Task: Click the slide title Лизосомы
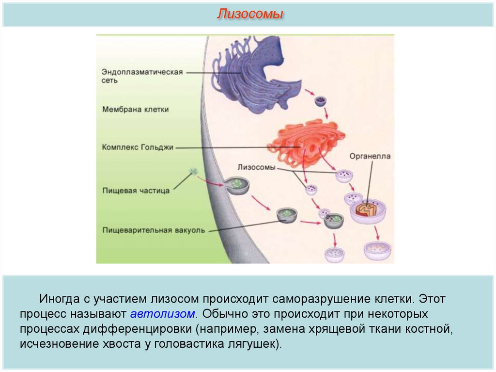click(249, 14)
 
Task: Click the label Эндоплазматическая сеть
click(142, 76)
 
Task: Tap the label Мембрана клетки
click(136, 110)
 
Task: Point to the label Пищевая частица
click(136, 191)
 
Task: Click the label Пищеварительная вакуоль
click(154, 230)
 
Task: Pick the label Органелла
click(370, 157)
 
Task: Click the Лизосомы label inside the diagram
click(257, 167)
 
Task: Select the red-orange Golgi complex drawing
click(305, 143)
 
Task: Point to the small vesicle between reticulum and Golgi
click(321, 101)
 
